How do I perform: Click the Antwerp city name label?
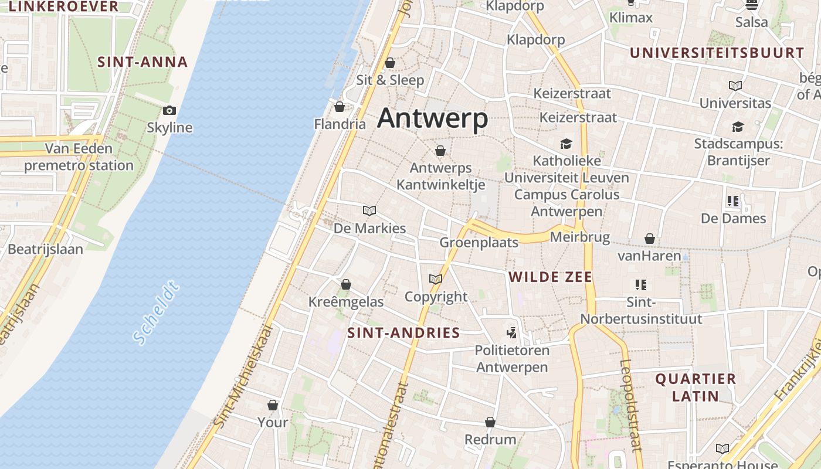click(432, 118)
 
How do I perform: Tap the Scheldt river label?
click(155, 314)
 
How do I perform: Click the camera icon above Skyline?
click(169, 110)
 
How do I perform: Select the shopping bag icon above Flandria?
click(339, 107)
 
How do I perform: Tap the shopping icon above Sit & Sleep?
click(390, 63)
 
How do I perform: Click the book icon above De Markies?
click(369, 210)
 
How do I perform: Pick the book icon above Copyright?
click(436, 279)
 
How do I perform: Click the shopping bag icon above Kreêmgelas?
click(346, 284)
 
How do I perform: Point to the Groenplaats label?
click(479, 243)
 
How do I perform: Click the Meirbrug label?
click(580, 237)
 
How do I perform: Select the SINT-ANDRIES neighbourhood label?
click(403, 333)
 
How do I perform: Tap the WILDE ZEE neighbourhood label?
click(550, 277)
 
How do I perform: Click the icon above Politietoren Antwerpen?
click(512, 333)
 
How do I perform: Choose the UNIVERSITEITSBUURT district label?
click(717, 53)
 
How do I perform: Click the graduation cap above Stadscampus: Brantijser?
click(738, 127)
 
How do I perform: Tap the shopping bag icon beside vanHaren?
click(650, 239)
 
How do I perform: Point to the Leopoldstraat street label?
click(630, 405)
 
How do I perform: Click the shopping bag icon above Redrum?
click(490, 422)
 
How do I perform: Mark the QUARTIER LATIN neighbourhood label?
click(696, 387)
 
